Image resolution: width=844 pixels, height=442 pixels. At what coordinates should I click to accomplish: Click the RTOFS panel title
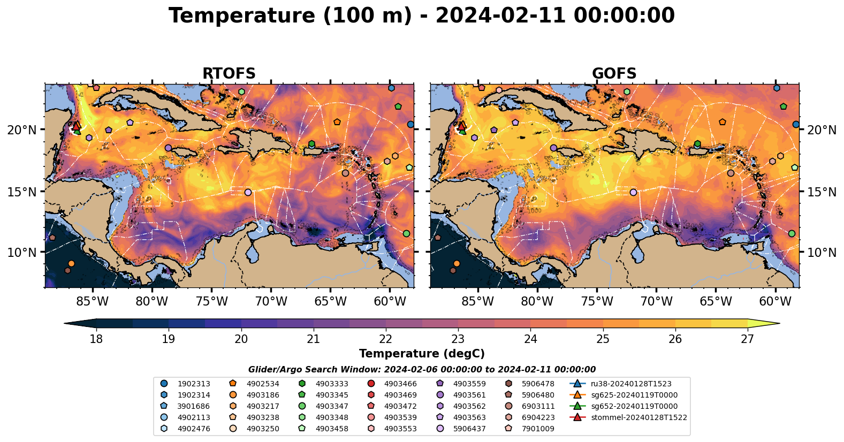coord(229,73)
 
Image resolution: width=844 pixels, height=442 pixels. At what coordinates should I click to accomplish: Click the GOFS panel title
coord(614,73)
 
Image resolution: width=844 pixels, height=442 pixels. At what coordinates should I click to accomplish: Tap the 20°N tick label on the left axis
coord(22,130)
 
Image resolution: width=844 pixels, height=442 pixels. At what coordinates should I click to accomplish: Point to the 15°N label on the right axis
coord(822,192)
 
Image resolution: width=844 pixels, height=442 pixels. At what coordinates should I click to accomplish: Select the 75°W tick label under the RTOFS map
coord(211,302)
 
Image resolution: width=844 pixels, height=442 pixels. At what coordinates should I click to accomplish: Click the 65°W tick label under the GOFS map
coord(716,302)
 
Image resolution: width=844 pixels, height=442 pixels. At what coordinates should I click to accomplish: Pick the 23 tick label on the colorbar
coord(458,339)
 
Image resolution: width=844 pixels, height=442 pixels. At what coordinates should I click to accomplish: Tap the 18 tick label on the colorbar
coord(96,339)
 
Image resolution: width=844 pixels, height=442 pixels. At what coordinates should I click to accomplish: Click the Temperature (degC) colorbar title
coord(422,354)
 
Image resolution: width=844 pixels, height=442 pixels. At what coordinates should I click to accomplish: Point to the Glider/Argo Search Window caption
coord(422,370)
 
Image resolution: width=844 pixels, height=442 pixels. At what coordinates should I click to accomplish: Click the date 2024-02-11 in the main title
coord(500,16)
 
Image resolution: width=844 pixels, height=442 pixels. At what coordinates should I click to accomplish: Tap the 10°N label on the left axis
coord(22,253)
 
